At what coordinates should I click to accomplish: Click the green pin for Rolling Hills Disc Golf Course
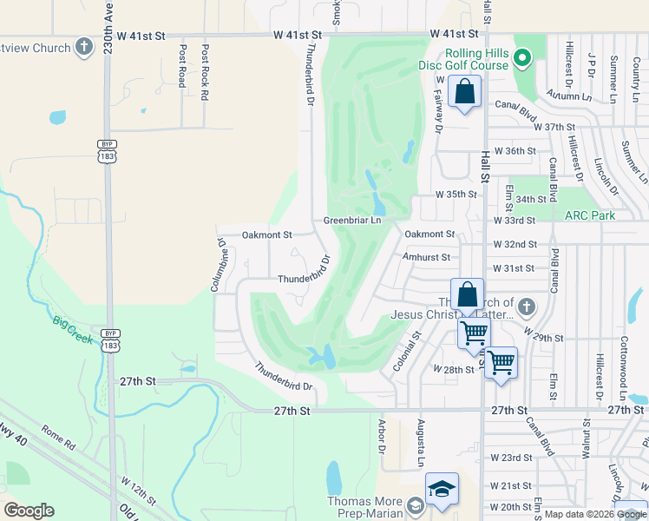point(521,59)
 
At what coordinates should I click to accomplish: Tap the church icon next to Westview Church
point(84,47)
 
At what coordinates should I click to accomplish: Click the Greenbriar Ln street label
point(352,221)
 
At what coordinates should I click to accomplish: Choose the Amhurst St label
point(426,257)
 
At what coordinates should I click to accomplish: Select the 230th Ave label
point(107,28)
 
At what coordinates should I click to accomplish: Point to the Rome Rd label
point(59,436)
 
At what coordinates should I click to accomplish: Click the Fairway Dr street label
point(437,114)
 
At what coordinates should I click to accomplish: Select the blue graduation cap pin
point(442,491)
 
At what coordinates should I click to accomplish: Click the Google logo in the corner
point(29,510)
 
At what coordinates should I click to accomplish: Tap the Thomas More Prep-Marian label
point(368,506)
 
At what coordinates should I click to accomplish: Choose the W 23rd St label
point(510,457)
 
